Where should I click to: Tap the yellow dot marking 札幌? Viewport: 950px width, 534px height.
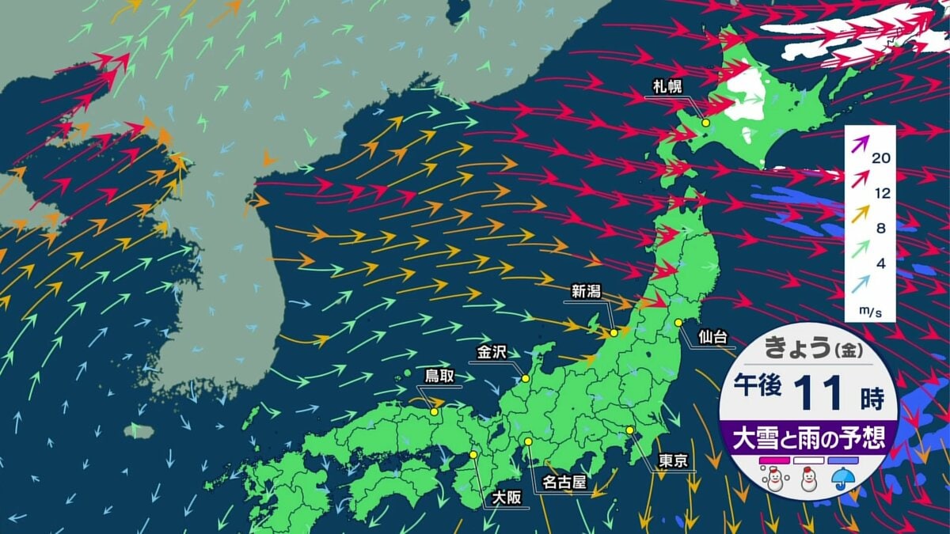(x=705, y=123)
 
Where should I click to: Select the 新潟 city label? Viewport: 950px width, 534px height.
(x=587, y=292)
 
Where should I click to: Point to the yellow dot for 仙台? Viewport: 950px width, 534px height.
(x=678, y=322)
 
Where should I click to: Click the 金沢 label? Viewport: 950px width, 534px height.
(x=492, y=351)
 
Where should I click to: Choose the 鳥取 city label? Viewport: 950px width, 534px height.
(x=439, y=376)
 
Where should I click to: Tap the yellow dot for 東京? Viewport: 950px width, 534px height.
(x=629, y=430)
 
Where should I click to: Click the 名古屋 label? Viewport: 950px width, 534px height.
(x=564, y=481)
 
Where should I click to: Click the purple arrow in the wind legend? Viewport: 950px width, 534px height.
(x=861, y=143)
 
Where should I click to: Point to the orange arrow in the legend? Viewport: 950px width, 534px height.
(x=861, y=212)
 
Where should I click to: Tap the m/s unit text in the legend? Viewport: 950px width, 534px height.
(x=870, y=312)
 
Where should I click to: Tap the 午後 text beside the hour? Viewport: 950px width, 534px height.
(x=758, y=387)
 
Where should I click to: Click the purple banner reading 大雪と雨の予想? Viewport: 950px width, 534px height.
(x=808, y=437)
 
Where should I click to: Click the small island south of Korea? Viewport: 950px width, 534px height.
(x=138, y=431)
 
